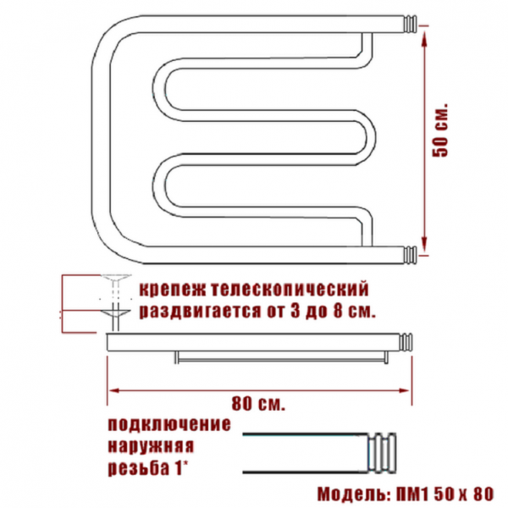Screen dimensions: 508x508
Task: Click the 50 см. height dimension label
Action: click(440, 130)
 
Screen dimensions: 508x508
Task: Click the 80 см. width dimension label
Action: click(258, 404)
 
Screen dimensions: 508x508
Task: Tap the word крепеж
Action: click(172, 290)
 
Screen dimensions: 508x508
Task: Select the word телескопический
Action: click(290, 290)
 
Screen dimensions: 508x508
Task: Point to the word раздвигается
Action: click(200, 312)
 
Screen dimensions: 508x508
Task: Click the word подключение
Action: click(169, 425)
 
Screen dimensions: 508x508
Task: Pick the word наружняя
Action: click(151, 446)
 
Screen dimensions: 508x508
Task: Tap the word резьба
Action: click(139, 468)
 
